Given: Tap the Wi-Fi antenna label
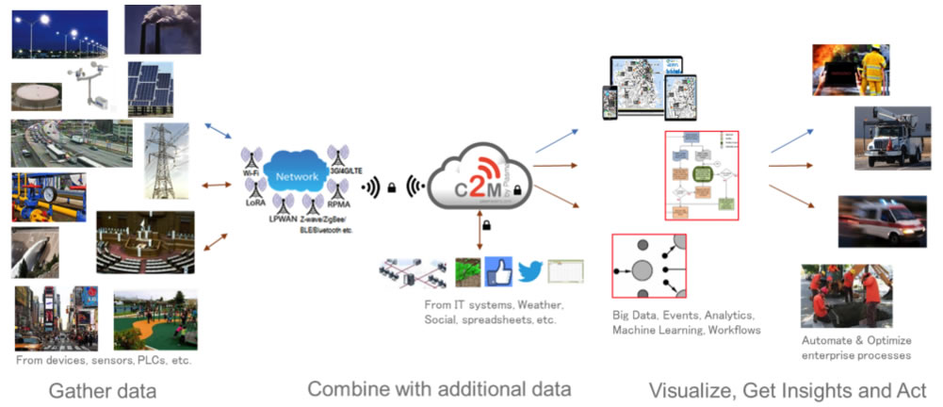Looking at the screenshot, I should (x=251, y=174).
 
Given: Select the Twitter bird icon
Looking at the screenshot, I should (x=530, y=272).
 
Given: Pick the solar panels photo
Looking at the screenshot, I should (x=150, y=89).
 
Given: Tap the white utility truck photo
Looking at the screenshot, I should (x=885, y=137).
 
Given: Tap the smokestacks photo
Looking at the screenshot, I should (x=162, y=29).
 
